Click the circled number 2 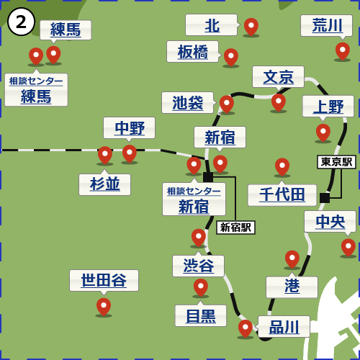click(21, 22)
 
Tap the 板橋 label click(192, 52)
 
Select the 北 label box click(211, 25)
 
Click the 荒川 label click(326, 25)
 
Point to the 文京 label click(278, 77)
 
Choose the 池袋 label click(187, 103)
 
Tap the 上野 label click(328, 107)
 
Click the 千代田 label click(282, 195)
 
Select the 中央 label click(330, 222)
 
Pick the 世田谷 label click(104, 281)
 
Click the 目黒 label click(200, 315)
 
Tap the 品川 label click(284, 327)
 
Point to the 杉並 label click(104, 184)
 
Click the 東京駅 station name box click(336, 162)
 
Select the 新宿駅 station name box click(235, 228)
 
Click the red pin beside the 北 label click(251, 26)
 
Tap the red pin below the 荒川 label click(342, 50)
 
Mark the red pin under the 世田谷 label click(104, 306)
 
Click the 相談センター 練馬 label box click(36, 90)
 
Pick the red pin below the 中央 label click(348, 246)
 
